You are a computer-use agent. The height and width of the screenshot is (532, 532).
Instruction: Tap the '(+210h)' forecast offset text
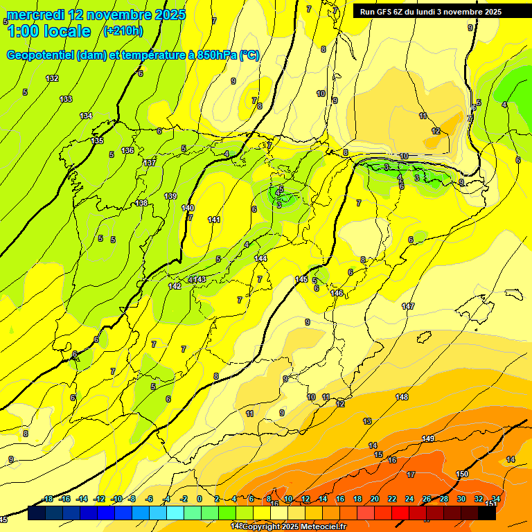(x=123, y=30)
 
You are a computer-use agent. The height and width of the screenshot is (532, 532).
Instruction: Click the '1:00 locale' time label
(x=48, y=31)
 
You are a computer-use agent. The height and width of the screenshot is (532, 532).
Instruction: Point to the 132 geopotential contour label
(x=52, y=78)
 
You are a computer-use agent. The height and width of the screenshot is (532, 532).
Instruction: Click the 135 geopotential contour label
(x=98, y=141)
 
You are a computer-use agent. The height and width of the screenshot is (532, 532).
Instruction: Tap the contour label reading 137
(x=150, y=163)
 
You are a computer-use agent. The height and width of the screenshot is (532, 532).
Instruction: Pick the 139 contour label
(x=170, y=196)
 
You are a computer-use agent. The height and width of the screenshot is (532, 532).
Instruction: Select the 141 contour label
(x=214, y=220)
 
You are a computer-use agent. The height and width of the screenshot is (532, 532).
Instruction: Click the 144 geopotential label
(x=260, y=258)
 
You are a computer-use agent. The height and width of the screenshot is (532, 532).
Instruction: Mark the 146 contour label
(x=337, y=293)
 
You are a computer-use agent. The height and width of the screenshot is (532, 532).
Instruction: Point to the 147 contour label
(x=408, y=305)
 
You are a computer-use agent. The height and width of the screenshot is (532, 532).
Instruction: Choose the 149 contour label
(x=428, y=438)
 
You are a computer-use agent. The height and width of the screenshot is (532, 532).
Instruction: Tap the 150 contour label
(x=462, y=474)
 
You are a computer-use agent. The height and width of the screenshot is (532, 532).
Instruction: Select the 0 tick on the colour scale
(x=199, y=499)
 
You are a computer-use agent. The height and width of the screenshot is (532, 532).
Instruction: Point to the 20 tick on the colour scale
(x=375, y=499)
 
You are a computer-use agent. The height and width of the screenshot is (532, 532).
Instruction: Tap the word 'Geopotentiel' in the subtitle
(x=39, y=55)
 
